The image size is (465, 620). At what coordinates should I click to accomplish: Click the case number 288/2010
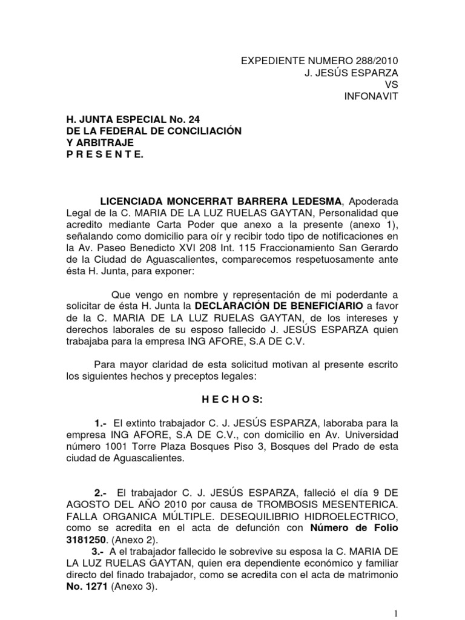(375, 61)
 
